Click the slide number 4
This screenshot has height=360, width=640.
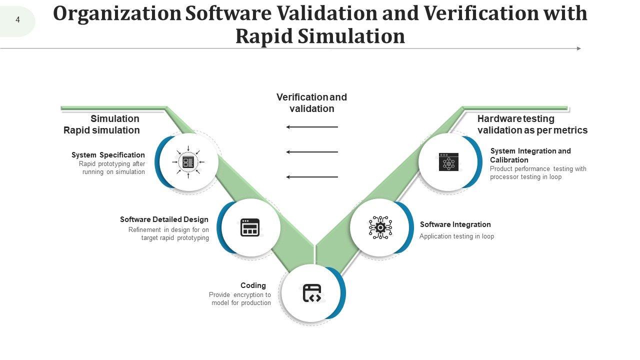(x=17, y=20)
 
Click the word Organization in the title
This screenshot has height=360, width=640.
(x=117, y=13)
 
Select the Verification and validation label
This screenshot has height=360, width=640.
(x=311, y=102)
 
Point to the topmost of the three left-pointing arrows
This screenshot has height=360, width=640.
(x=312, y=127)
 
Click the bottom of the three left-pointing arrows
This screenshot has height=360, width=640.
(x=312, y=177)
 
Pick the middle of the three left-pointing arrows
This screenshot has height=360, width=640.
(x=312, y=152)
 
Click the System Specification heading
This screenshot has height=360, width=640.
(x=108, y=155)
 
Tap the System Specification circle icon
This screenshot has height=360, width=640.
(x=188, y=161)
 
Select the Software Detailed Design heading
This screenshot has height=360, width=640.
(x=164, y=219)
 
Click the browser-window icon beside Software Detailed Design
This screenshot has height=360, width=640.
(x=250, y=227)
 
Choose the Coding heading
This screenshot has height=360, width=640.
(x=253, y=285)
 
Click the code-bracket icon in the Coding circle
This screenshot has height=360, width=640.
(x=312, y=293)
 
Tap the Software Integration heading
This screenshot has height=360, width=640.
(x=455, y=224)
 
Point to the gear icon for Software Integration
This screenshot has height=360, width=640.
(x=380, y=227)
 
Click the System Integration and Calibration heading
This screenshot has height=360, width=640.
(x=530, y=155)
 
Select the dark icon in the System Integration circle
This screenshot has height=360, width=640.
(x=448, y=162)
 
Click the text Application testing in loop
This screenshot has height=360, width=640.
(x=456, y=236)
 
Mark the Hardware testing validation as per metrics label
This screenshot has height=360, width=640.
(x=532, y=124)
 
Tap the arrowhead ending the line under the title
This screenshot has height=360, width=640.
(x=579, y=48)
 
